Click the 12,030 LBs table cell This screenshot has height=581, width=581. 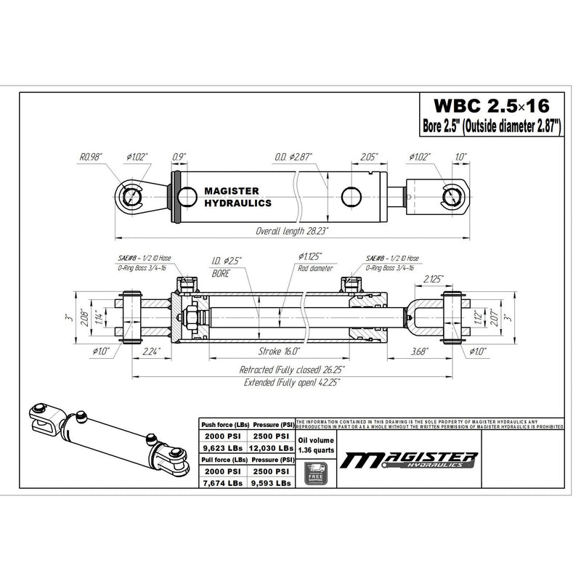(x=274, y=448)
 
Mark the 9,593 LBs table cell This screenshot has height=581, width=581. (x=274, y=482)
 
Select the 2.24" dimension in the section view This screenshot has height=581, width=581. (x=152, y=351)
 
